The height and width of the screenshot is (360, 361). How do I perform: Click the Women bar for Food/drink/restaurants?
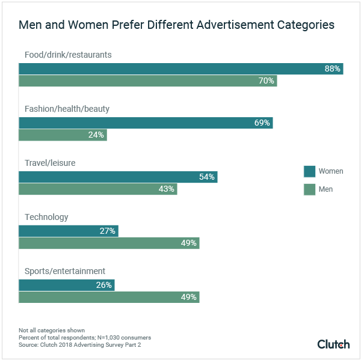(x=180, y=69)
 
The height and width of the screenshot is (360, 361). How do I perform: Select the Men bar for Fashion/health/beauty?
(x=63, y=135)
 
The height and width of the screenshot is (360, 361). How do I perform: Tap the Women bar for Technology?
(x=68, y=231)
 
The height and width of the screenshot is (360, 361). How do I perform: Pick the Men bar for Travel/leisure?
(x=97, y=189)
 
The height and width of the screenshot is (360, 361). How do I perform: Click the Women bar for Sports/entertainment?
(x=66, y=285)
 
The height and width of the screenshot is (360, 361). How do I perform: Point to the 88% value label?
(x=333, y=69)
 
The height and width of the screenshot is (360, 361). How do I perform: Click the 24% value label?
(x=96, y=135)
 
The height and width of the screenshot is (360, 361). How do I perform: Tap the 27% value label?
(x=108, y=231)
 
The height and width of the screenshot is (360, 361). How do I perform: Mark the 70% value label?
(x=267, y=81)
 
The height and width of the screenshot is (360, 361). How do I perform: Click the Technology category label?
(x=46, y=217)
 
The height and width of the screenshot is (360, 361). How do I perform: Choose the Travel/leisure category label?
(x=50, y=163)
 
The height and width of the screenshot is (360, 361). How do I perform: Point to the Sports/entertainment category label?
(x=65, y=271)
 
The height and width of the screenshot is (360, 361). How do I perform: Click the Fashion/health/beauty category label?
(x=67, y=109)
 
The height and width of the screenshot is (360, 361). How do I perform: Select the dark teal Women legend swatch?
(x=309, y=171)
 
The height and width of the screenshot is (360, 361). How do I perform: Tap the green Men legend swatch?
(x=309, y=189)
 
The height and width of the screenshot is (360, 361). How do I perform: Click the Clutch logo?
(x=333, y=344)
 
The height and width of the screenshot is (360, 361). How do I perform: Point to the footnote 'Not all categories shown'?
(x=51, y=331)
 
